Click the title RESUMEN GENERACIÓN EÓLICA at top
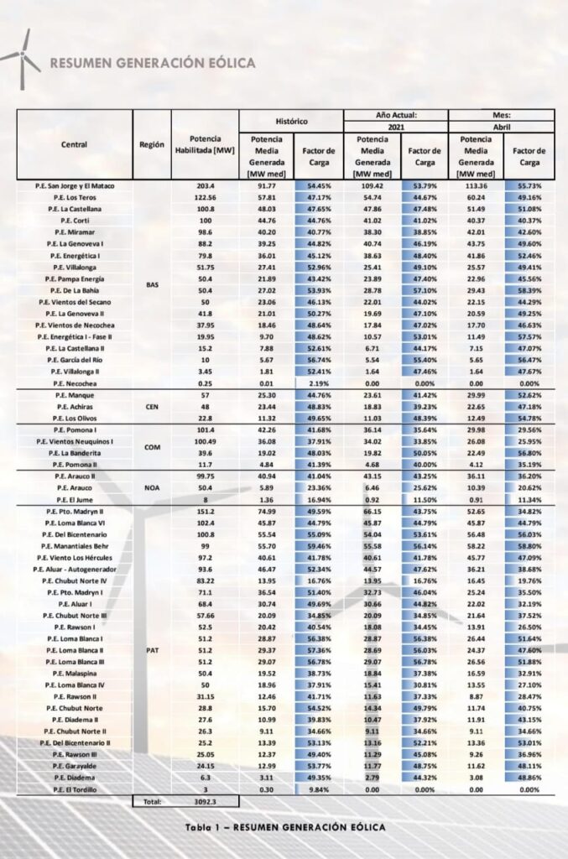coord(153,63)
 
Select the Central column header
coord(74,144)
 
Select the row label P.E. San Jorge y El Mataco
coord(75,185)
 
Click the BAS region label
coord(152,284)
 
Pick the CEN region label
coord(152,406)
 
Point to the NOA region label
coord(152,487)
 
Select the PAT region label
coord(152,649)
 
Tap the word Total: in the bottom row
coord(152,802)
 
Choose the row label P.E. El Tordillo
coord(75,789)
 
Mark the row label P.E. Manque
coord(75,394)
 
